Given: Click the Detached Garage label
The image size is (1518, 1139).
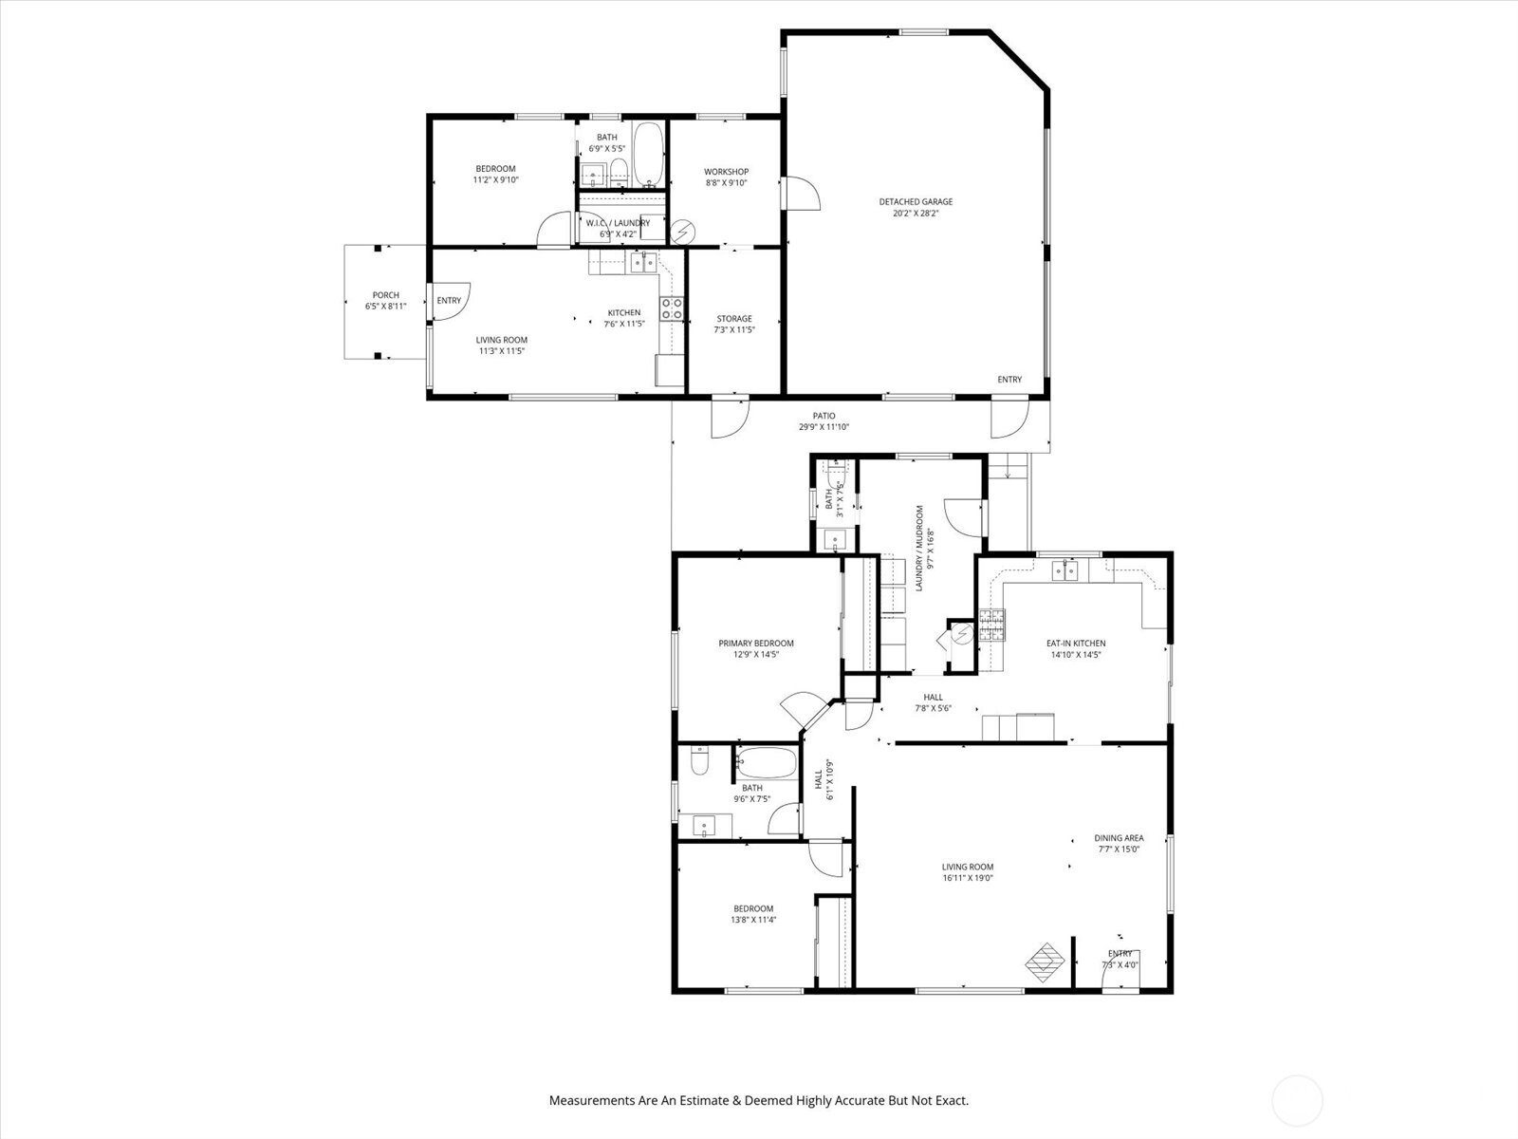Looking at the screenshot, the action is pos(916,202).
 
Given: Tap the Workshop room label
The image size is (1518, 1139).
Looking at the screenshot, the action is pos(726,172).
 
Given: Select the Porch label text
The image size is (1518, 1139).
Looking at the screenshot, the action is pos(386,295).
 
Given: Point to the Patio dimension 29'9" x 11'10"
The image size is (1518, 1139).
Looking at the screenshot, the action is pos(824,427).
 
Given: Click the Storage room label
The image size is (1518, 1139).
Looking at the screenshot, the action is pos(734,319).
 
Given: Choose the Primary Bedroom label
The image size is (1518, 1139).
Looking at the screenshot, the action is pos(756,644).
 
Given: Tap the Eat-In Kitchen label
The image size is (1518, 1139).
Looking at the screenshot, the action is pos(1075,644).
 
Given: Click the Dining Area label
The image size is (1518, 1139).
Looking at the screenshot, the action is pos(1119,838).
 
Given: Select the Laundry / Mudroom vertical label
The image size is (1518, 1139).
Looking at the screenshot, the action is pos(919,549).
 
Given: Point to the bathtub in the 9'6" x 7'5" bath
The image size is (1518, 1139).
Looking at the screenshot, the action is pos(766,763).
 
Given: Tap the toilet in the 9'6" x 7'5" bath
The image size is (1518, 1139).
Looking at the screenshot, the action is pos(700,760).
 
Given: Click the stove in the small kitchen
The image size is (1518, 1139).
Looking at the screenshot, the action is pos(672,308).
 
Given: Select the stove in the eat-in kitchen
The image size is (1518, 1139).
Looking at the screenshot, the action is pos(991,625).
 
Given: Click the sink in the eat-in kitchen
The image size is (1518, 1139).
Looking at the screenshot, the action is pos(1065,570).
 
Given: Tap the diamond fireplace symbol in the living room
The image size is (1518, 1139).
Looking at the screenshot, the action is pos(1045,962).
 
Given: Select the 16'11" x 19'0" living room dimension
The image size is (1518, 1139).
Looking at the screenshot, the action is pos(968,878).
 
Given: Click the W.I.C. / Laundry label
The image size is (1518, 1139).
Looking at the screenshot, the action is pos(618,223).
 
